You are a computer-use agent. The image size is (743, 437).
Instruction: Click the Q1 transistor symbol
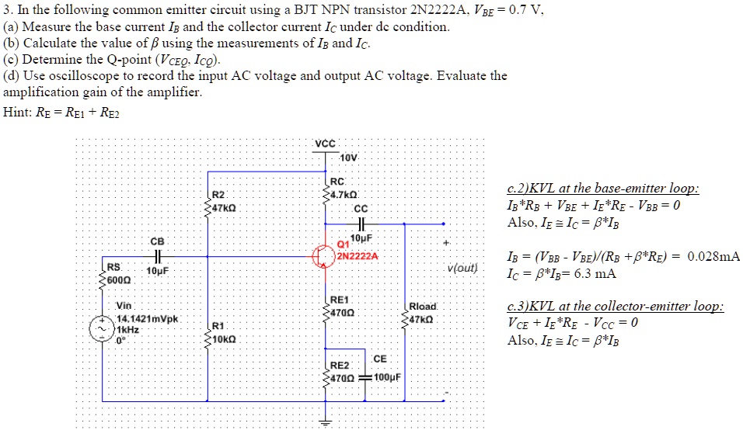[323, 257]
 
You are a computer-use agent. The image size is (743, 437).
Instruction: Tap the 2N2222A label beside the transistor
[358, 257]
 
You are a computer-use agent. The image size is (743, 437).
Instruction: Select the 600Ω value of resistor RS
[118, 280]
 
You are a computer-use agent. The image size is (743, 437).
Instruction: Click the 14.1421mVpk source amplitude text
[148, 319]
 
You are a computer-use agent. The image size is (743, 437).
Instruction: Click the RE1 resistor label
[340, 300]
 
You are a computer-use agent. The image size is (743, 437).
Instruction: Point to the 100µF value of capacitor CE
[387, 377]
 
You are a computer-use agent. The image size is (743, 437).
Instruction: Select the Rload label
[424, 307]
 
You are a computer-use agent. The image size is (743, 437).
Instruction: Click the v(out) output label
[462, 269]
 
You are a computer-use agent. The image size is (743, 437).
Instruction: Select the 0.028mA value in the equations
[713, 257]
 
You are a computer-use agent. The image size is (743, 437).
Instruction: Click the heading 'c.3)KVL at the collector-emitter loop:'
[615, 307]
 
